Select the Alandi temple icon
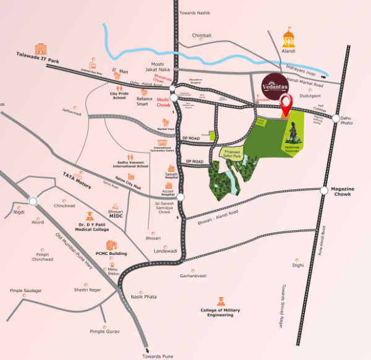pos(288,38)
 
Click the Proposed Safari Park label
pos(232,152)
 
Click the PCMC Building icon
pos(111,245)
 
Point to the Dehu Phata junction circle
pos(335,118)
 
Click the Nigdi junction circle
pos(33,200)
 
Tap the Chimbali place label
pos(202,36)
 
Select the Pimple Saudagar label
pos(24,291)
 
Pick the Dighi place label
pos(298,265)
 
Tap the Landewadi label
pos(165,251)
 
